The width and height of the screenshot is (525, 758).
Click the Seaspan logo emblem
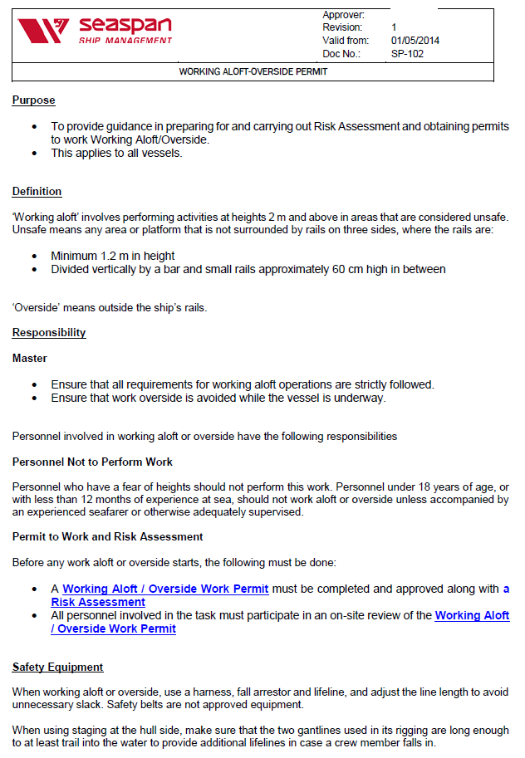[42, 32]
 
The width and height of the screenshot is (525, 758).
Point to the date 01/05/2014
[415, 40]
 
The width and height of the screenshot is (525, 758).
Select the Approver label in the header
[343, 15]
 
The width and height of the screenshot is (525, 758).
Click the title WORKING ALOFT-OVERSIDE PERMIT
[253, 72]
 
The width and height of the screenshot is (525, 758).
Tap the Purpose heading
[33, 100]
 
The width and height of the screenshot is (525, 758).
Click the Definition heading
[37, 192]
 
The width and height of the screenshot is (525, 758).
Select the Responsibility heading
[49, 333]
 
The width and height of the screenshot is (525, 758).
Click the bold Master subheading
[30, 359]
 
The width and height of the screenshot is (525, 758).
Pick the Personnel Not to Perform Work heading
[92, 462]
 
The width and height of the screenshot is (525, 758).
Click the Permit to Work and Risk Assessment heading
[107, 537]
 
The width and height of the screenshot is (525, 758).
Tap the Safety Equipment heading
[57, 668]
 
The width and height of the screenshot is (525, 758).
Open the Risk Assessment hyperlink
[98, 602]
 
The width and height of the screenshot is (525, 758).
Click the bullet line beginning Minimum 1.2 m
[112, 257]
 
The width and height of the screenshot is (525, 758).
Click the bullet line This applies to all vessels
[116, 153]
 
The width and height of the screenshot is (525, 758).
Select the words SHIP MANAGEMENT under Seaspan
[125, 41]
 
